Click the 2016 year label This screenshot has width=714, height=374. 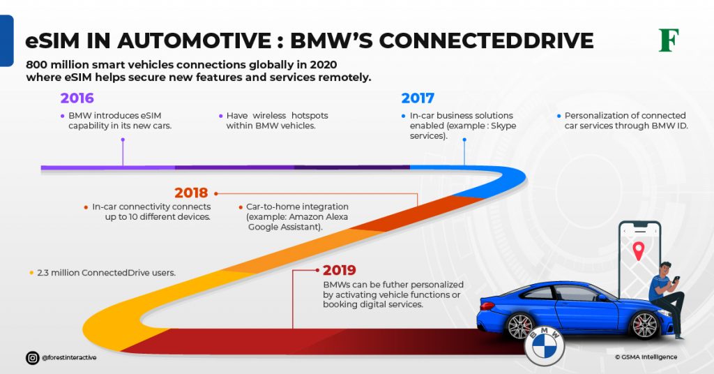(x=77, y=98)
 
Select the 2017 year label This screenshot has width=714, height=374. (x=418, y=98)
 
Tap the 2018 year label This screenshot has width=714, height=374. (x=191, y=193)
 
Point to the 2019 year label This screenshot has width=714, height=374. (x=339, y=270)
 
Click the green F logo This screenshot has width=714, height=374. (x=669, y=40)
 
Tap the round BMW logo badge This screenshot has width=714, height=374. (x=544, y=344)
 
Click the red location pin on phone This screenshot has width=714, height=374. (x=638, y=250)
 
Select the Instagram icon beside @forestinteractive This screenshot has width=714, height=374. (x=32, y=357)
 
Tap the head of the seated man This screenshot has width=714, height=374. (x=665, y=269)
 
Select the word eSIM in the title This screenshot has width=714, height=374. (x=52, y=40)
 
